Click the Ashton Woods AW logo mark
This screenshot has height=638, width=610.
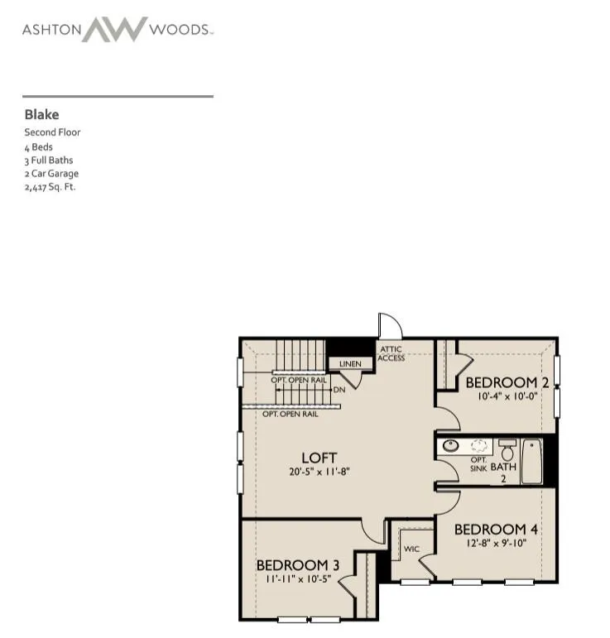[x=114, y=29]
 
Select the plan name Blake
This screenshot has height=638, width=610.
[x=41, y=114]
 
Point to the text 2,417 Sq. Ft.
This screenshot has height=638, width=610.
[x=50, y=187]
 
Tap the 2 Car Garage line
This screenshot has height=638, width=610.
[x=51, y=173]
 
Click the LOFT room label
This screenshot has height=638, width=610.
[x=319, y=458]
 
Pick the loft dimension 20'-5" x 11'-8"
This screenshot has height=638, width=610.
[x=319, y=472]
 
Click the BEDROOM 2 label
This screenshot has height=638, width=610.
[x=507, y=382]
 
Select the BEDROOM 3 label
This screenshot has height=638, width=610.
[x=298, y=564]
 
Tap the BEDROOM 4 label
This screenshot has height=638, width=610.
[x=496, y=529]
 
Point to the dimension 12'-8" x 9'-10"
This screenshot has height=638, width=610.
[x=497, y=543]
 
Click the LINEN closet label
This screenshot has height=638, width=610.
[x=350, y=364]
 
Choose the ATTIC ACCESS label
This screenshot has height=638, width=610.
[x=391, y=353]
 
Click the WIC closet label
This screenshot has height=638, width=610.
[x=411, y=549]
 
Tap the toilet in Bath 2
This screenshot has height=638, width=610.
[x=507, y=449]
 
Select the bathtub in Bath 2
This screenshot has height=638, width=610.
[x=531, y=461]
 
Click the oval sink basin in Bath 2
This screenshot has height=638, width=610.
[x=450, y=445]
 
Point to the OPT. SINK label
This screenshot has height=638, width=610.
[x=478, y=464]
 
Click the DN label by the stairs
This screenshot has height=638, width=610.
[x=339, y=390]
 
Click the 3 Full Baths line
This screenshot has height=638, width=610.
[x=49, y=160]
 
